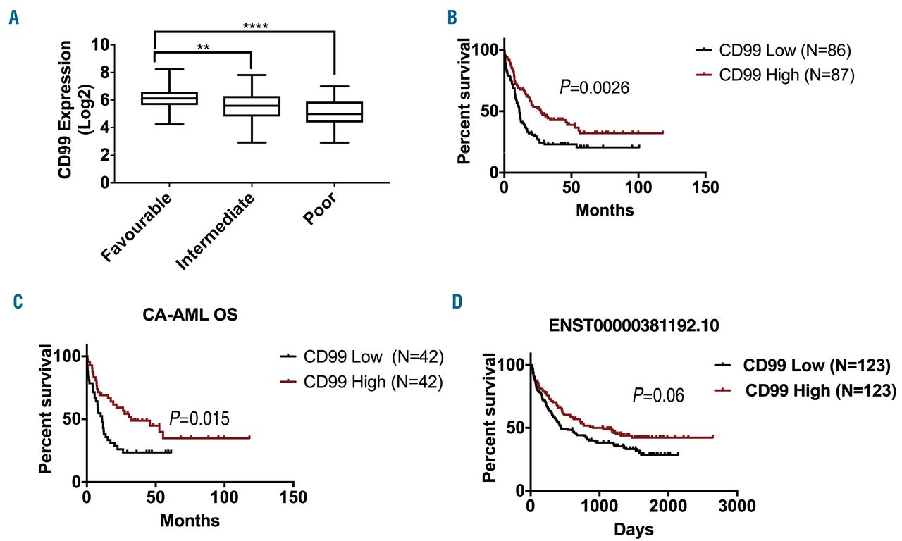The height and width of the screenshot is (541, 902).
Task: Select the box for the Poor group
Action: click(x=340, y=112)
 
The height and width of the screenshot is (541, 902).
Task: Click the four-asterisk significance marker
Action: click(x=255, y=27)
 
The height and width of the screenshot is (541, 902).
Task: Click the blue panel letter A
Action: click(x=13, y=19)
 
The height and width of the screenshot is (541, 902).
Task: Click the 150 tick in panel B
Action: click(x=706, y=189)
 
